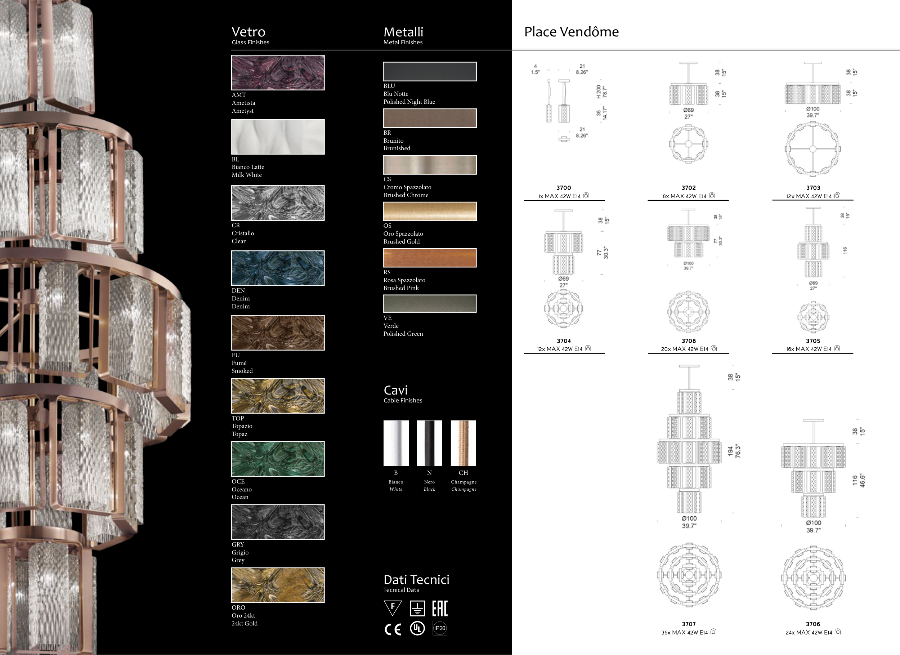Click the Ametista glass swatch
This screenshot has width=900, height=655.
[x=278, y=73]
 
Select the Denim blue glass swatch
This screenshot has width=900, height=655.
[x=278, y=268]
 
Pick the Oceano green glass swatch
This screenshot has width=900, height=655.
[x=278, y=459]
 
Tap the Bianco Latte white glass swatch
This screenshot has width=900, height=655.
[x=278, y=137]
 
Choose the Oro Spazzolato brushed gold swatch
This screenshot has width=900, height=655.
[x=430, y=211]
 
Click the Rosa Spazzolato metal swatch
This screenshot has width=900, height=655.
[x=430, y=258]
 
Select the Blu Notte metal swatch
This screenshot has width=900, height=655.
[x=430, y=71]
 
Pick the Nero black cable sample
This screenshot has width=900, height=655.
[x=429, y=443]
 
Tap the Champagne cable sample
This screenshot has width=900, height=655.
[x=464, y=443]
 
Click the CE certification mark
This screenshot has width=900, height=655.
[x=393, y=629]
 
